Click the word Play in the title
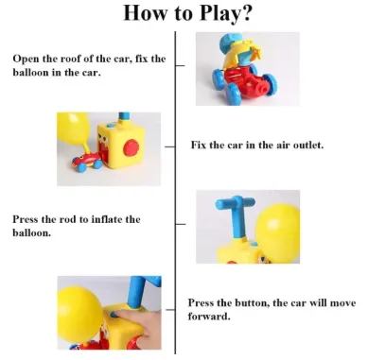pos(220,13)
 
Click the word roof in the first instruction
pos(71,59)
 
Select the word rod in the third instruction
pos(68,219)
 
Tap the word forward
pos(208,317)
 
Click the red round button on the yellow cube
pos(131,147)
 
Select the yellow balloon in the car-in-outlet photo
pos(73,129)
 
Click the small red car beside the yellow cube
pos(87,163)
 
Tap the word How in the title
pos(144,12)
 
